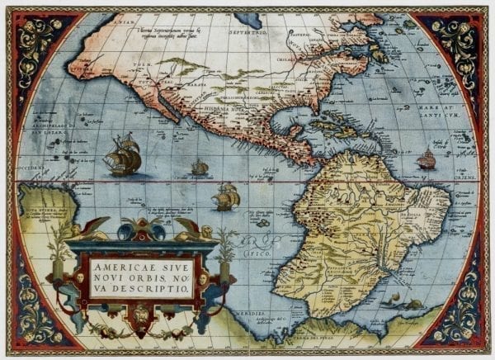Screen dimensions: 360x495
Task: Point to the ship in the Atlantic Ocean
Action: point(426,159)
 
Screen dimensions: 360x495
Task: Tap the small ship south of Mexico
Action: point(200,168)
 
